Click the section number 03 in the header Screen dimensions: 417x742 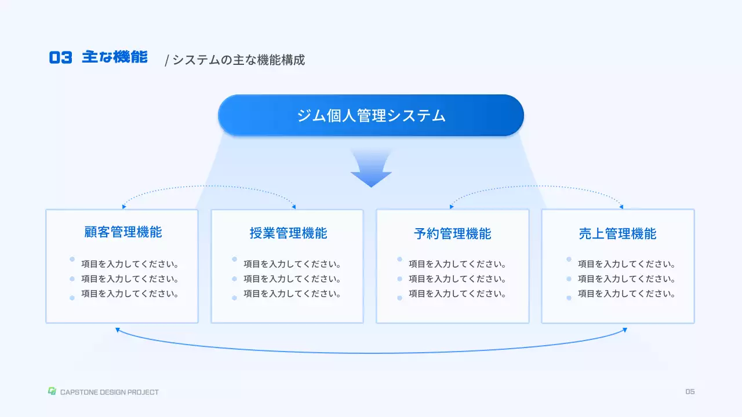(x=60, y=57)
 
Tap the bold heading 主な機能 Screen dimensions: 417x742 (x=115, y=57)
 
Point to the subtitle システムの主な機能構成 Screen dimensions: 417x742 (x=238, y=60)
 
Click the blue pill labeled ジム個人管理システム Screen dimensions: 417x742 (x=371, y=115)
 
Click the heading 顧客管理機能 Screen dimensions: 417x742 (x=123, y=232)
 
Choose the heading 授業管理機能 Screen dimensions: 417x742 (x=288, y=233)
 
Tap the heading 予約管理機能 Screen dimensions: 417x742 (x=453, y=233)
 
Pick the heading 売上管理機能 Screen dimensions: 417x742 (x=617, y=233)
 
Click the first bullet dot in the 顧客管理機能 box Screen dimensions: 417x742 (x=72, y=259)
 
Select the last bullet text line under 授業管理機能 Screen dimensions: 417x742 (x=292, y=294)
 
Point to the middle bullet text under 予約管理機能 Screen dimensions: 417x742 (x=457, y=279)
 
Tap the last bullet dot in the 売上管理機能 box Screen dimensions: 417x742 (x=569, y=298)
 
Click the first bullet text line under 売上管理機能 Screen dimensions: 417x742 (x=627, y=264)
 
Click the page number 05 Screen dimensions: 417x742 (x=690, y=392)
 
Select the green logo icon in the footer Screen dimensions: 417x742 (x=52, y=391)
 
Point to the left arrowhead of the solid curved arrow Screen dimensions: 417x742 (x=117, y=330)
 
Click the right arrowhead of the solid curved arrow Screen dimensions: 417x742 (x=625, y=330)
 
